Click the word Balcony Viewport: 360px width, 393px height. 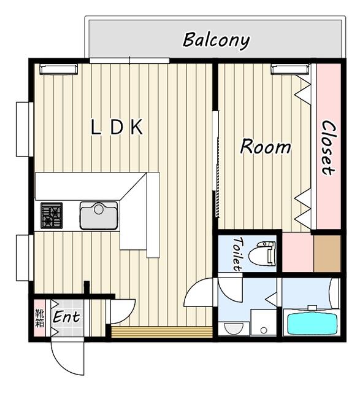click(216, 41)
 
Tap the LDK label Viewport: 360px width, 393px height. click(117, 127)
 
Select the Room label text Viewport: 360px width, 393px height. click(265, 147)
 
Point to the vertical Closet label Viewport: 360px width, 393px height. click(328, 147)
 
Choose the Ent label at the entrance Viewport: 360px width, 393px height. click(66, 318)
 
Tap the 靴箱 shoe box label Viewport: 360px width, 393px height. click(39, 318)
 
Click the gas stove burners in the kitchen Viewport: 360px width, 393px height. click(52, 216)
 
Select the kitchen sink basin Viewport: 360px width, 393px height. click(98, 216)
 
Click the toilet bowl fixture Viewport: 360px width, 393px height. click(264, 252)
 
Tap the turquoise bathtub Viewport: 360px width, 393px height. click(312, 322)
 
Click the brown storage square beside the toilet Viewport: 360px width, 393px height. click(327, 253)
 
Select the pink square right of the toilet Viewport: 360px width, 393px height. click(297, 253)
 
